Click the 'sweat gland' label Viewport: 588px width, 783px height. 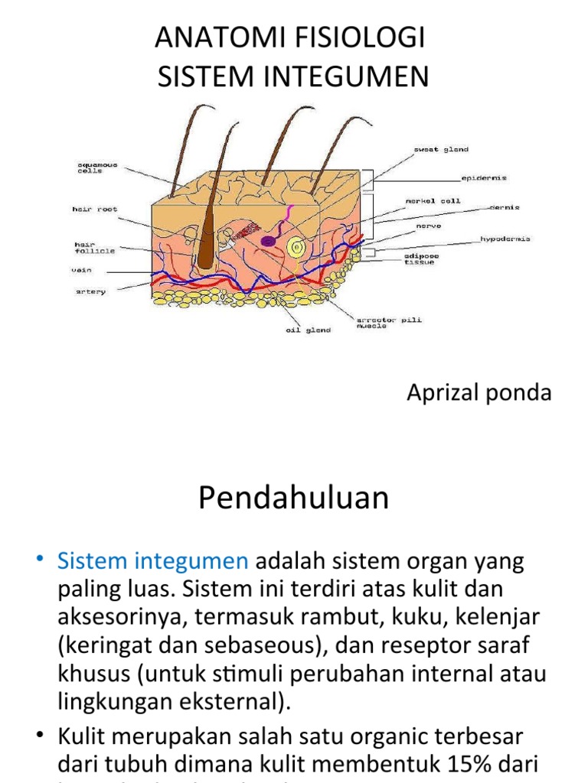tap(442, 150)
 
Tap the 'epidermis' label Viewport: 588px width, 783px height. tap(483, 178)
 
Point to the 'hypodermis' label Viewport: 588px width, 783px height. tap(505, 239)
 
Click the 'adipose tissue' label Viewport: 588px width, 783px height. tap(420, 258)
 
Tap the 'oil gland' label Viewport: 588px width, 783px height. tap(309, 330)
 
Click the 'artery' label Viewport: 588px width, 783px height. tap(90, 291)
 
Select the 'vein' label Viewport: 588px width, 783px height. tap(82, 270)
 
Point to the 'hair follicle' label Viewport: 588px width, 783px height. tap(94, 247)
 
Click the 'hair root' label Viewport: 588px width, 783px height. tap(95, 209)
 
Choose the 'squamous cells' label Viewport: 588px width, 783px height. tap(96, 167)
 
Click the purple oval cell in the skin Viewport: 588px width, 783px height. tap(269, 241)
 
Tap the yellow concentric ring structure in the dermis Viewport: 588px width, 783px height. tap(295, 247)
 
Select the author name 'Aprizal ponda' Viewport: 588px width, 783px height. tap(479, 393)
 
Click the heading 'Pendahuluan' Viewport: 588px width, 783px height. tap(293, 499)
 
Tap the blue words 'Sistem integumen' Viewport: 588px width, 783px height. tap(152, 561)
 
